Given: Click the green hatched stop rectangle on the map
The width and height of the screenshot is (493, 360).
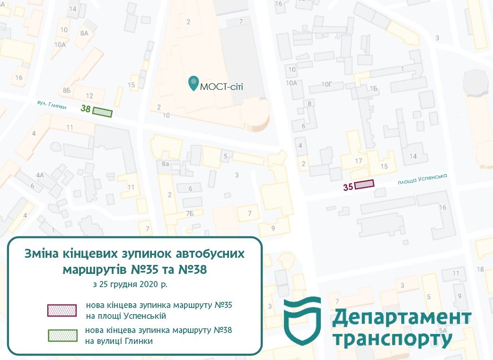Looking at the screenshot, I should pyautogui.click(x=102, y=112).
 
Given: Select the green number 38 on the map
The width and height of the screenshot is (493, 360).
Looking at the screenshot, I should pyautogui.click(x=86, y=109).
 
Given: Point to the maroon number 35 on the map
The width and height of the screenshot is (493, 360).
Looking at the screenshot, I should pyautogui.click(x=348, y=187).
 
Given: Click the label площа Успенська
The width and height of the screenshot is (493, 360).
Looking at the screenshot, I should pyautogui.click(x=423, y=179).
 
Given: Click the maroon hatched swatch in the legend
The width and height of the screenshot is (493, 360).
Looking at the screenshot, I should pyautogui.click(x=62, y=310).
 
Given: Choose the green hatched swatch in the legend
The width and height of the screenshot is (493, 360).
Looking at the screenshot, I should pyautogui.click(x=62, y=335).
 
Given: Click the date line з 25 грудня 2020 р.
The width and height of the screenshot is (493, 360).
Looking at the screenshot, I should pyautogui.click(x=131, y=285).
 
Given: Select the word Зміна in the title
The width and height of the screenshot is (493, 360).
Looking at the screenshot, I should pyautogui.click(x=41, y=254).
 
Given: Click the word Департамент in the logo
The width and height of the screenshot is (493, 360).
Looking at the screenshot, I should pyautogui.click(x=402, y=318).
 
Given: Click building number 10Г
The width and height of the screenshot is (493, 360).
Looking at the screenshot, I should pyautogui.click(x=327, y=85).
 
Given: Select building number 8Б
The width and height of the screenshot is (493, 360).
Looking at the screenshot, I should pyautogui.click(x=66, y=89).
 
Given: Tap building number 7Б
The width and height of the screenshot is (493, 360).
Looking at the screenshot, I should pyautogui.click(x=190, y=213).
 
